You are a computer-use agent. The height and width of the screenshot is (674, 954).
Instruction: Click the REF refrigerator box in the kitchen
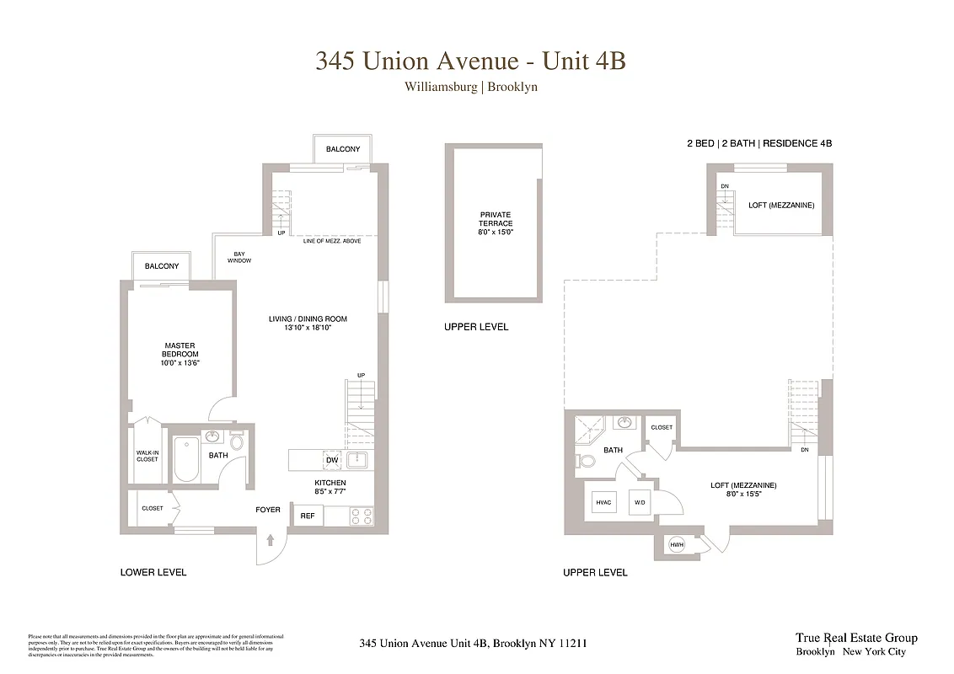[307, 516]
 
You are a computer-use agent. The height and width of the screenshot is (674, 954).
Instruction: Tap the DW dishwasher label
[332, 460]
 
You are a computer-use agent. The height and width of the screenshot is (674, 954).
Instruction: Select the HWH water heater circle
[676, 545]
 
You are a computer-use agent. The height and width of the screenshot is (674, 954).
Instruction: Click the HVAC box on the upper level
[603, 503]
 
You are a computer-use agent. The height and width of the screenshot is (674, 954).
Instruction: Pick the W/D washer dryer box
[640, 503]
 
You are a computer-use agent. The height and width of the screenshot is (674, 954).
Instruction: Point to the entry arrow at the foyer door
[271, 540]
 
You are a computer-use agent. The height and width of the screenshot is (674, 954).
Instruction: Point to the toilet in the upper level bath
[587, 461]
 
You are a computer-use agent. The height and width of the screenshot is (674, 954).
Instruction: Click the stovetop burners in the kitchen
[362, 516]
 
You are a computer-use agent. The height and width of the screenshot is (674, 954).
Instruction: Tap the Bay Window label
[238, 257]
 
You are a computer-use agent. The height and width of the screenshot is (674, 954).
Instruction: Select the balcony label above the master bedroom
[162, 266]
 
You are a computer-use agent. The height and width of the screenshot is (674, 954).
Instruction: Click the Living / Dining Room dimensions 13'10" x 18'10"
[308, 328]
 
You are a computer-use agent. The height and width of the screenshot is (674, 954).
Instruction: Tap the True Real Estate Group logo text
[855, 638]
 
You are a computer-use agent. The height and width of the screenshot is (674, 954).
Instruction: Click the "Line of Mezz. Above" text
[337, 241]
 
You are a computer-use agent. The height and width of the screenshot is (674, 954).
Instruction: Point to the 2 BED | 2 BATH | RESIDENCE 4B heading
[758, 144]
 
